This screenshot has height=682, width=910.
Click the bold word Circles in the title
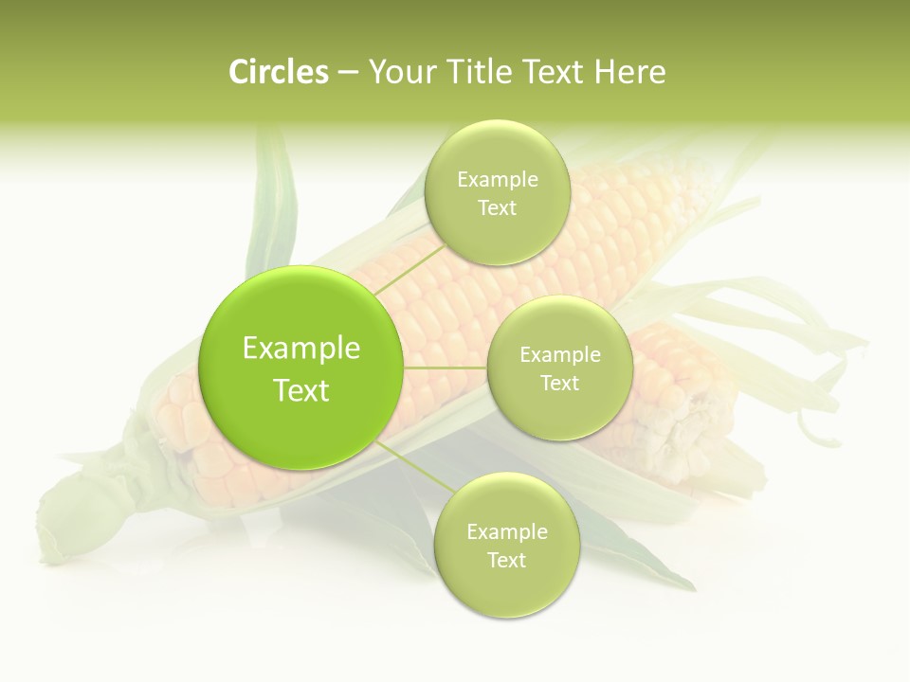point(279,72)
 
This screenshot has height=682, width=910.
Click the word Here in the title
point(630,72)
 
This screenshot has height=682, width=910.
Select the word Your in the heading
point(398,72)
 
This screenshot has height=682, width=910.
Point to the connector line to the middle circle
point(446,368)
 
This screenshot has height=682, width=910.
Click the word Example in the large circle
point(301,349)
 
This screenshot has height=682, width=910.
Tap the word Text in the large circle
point(301,390)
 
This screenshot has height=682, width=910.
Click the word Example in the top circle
point(497,180)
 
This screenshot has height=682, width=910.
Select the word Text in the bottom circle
point(506,560)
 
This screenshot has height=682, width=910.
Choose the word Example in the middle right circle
point(559,355)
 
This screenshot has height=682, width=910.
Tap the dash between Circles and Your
point(348,73)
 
